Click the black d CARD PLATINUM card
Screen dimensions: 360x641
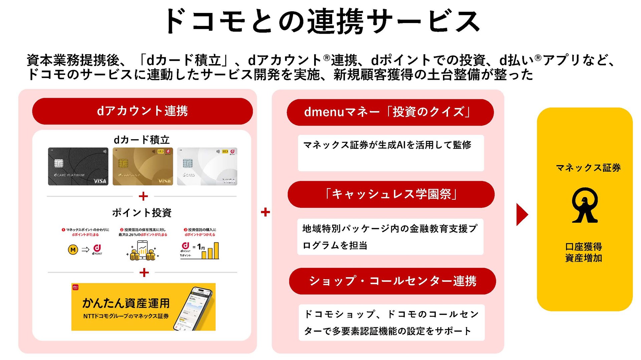click(x=78, y=166)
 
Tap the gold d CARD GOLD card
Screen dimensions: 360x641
click(x=143, y=166)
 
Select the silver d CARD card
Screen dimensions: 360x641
click(x=207, y=166)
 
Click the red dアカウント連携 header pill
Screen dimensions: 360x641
click(x=142, y=111)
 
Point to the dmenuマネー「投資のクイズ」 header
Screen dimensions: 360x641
click(x=390, y=112)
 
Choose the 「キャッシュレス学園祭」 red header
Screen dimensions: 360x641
click(x=391, y=194)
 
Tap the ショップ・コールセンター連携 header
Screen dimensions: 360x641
click(x=392, y=281)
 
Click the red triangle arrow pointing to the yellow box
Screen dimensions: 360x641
click(x=521, y=214)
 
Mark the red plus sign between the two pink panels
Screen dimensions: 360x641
click(x=265, y=212)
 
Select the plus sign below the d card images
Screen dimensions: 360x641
click(x=143, y=196)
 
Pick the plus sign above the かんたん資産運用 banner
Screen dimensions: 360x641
click(x=144, y=273)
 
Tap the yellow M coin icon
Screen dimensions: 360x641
click(x=73, y=250)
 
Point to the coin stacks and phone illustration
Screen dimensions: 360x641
click(x=143, y=251)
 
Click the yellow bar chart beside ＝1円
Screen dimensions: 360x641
click(x=210, y=251)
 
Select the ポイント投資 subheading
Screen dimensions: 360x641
click(x=142, y=213)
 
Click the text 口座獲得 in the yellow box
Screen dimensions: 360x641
click(x=584, y=247)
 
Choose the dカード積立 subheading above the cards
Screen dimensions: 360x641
click(x=142, y=140)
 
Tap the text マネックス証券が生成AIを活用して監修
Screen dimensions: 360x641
click(x=387, y=145)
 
